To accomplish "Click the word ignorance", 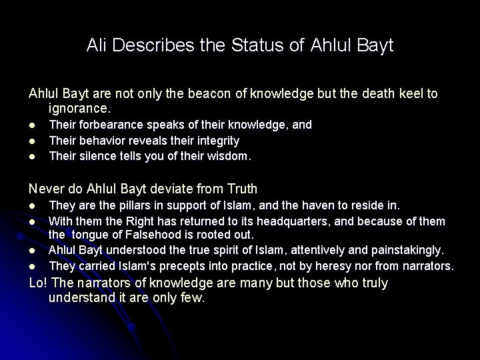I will tap(79, 107).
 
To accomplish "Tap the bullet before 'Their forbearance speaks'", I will tap(33, 125).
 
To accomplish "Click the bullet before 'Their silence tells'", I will tap(33, 157).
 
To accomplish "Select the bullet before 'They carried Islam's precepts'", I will tap(33, 267).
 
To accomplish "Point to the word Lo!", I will tap(39, 283).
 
